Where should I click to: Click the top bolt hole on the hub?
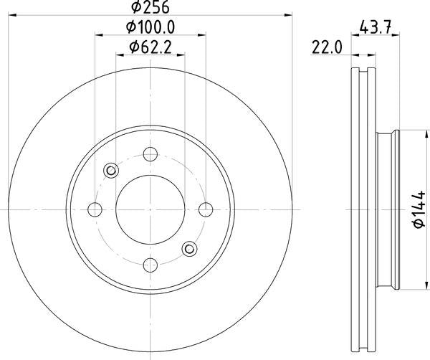(150, 153)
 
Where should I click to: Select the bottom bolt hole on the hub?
(150, 264)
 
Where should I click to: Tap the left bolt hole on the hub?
(95, 209)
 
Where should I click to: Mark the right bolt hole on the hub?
(206, 209)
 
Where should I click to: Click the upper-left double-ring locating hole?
(111, 170)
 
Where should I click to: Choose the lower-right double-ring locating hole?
(189, 248)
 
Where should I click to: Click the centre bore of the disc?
(150, 209)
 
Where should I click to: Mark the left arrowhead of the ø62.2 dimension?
(119, 54)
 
